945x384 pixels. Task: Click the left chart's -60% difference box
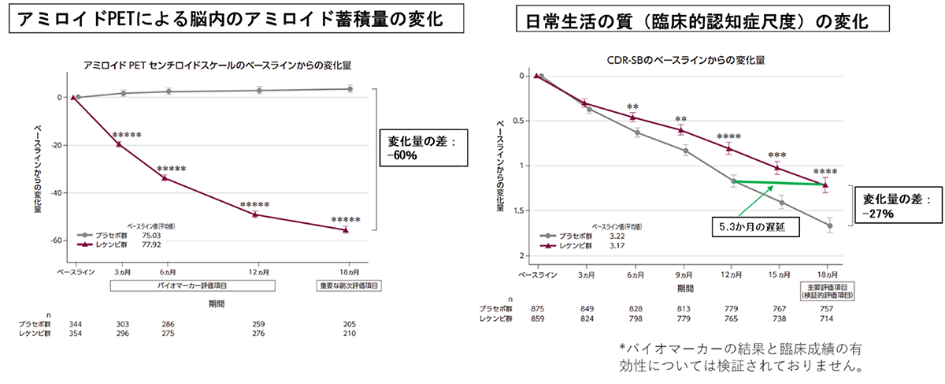[x=422, y=147]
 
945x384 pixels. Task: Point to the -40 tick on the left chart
[x=57, y=192]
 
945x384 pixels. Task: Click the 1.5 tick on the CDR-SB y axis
[x=519, y=211]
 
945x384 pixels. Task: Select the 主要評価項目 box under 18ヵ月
[x=828, y=290]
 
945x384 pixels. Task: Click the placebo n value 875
[x=537, y=308]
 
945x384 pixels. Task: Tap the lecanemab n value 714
[x=825, y=319]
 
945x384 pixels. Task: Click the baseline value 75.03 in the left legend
[x=151, y=235]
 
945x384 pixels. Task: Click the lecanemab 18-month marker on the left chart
[x=346, y=230]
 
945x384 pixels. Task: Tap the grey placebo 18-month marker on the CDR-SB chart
[x=830, y=226]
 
